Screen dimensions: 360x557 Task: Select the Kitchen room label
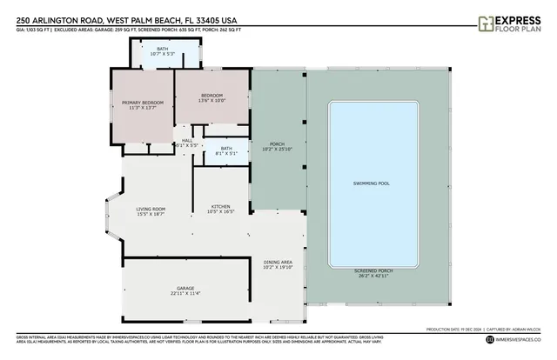(219, 206)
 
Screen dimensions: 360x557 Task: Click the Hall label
(186, 140)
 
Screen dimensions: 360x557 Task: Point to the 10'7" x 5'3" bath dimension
(163, 54)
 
